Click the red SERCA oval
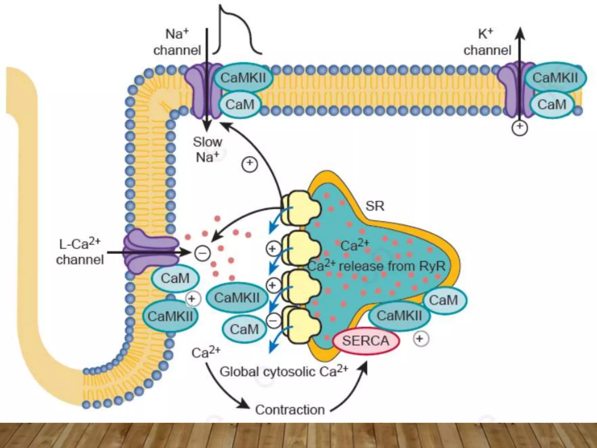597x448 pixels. [x=366, y=341]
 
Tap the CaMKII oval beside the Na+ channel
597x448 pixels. [x=243, y=78]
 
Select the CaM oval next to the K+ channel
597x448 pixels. [x=552, y=104]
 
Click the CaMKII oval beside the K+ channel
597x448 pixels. [x=555, y=78]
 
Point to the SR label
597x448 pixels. [x=375, y=206]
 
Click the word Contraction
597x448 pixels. [x=290, y=410]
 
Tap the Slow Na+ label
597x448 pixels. [x=207, y=150]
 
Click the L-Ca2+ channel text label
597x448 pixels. [x=80, y=251]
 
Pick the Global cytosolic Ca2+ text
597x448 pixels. [x=284, y=371]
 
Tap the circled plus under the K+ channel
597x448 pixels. [x=520, y=128]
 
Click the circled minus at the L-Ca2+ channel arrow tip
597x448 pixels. [x=203, y=253]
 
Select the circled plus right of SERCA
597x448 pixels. [x=420, y=339]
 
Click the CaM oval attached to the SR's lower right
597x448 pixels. [x=443, y=300]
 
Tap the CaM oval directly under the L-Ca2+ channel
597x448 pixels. [x=175, y=278]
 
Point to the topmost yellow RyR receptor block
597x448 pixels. [x=300, y=208]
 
